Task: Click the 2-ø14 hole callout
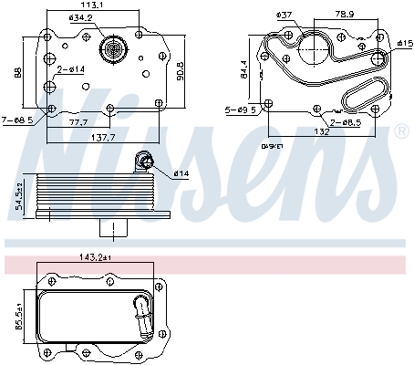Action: pos(71,69)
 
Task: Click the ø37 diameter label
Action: pos(285,15)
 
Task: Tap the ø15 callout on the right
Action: pos(404,43)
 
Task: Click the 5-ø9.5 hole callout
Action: pos(243,110)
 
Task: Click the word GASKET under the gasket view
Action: pos(273,146)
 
